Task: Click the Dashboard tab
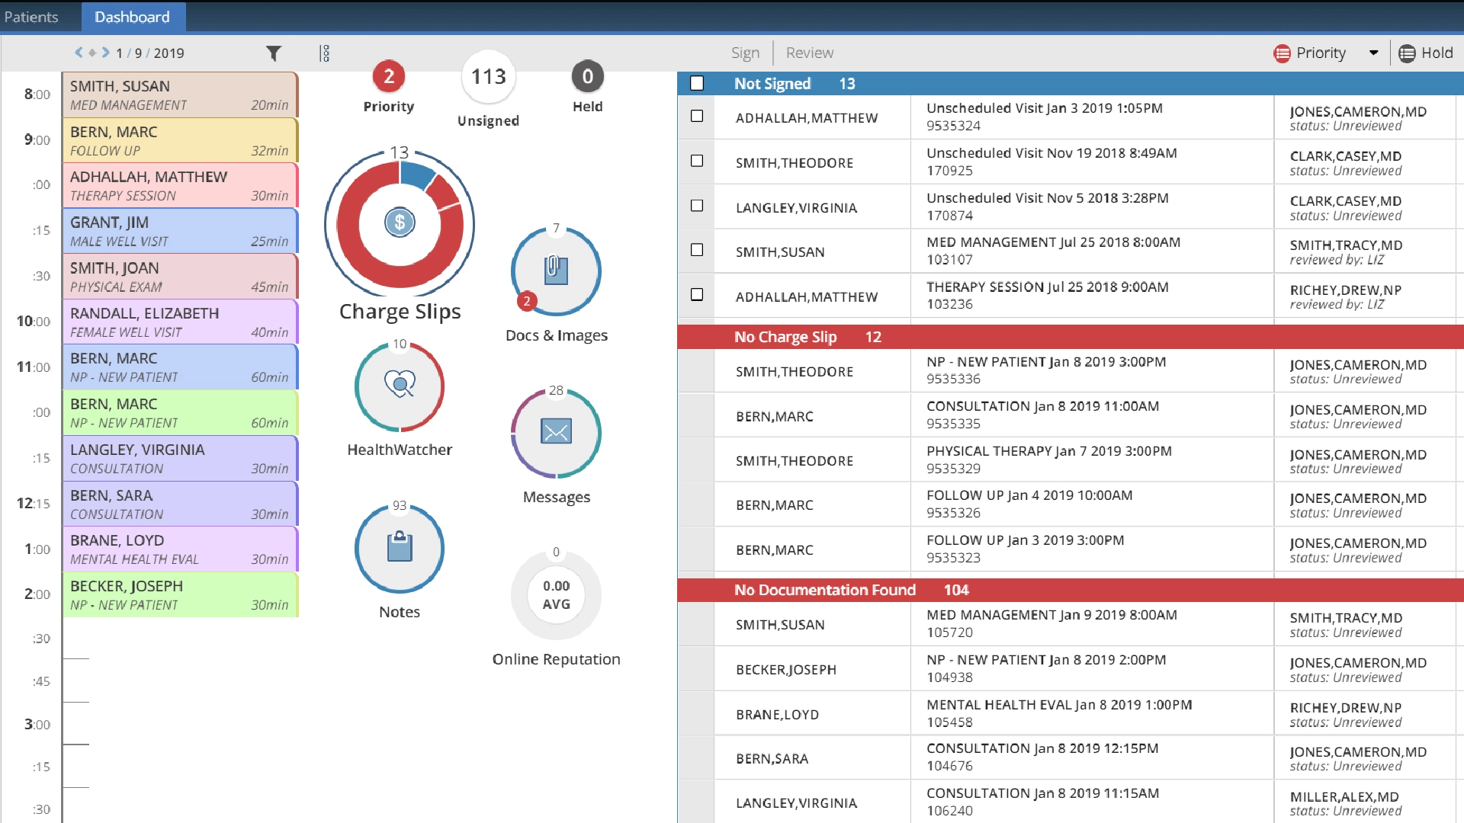pos(132,17)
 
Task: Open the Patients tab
pos(31,17)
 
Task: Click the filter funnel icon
pos(274,53)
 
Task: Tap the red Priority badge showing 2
pos(389,76)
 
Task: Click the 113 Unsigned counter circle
pos(488,77)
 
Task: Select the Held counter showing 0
pos(587,76)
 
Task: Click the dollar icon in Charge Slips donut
pos(400,223)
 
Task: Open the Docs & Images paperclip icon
pos(556,271)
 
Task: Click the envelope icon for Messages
pos(556,432)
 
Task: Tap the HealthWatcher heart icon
pos(400,384)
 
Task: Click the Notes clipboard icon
pos(400,547)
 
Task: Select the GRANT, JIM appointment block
pos(180,231)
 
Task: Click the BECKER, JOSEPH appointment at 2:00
pos(180,594)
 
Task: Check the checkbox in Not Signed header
pos(697,83)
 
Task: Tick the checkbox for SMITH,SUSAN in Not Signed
pos(697,250)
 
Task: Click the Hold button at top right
pos(1426,53)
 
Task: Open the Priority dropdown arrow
pos(1373,53)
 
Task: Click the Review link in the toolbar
pos(809,53)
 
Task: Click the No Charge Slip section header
pos(785,337)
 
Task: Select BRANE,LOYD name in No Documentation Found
pos(777,715)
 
